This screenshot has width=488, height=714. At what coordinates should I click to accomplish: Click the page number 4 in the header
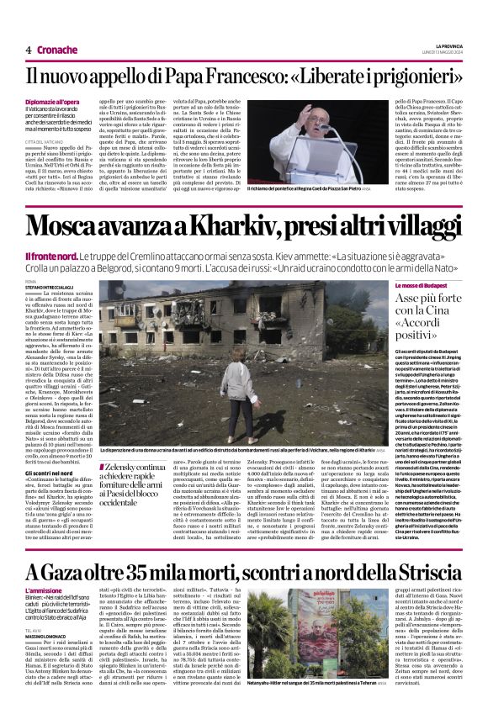29,50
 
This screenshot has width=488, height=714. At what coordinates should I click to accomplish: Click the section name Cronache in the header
57,50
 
